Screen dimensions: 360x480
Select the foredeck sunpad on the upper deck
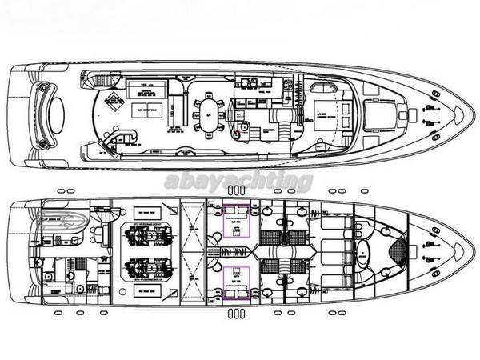pos(377,112)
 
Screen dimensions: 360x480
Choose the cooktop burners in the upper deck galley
pos(255,82)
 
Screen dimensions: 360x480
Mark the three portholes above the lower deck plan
pos(236,190)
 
